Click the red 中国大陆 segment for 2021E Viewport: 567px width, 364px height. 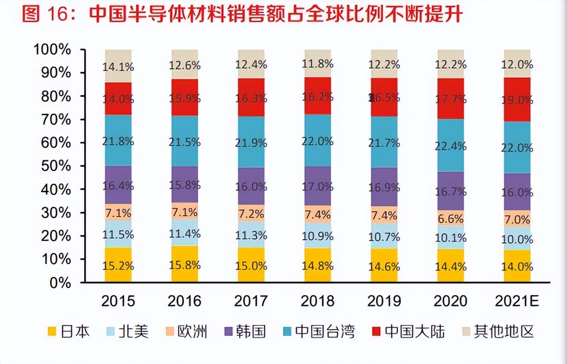517,100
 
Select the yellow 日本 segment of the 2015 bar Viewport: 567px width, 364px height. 118,265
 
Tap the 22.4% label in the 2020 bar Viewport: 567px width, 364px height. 450,146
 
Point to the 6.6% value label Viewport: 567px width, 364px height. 450,219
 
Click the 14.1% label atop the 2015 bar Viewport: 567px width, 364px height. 118,67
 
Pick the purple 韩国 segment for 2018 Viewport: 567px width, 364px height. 318,186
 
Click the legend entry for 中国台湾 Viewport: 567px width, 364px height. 319,331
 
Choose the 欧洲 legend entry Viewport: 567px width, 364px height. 186,331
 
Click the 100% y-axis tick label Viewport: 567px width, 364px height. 52,50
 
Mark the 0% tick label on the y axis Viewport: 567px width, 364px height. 60,283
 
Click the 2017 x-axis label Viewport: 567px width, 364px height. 251,301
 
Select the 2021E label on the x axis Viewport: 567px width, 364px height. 517,301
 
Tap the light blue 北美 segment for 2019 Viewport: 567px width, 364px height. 384,236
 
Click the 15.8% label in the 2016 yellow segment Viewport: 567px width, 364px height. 185,265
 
